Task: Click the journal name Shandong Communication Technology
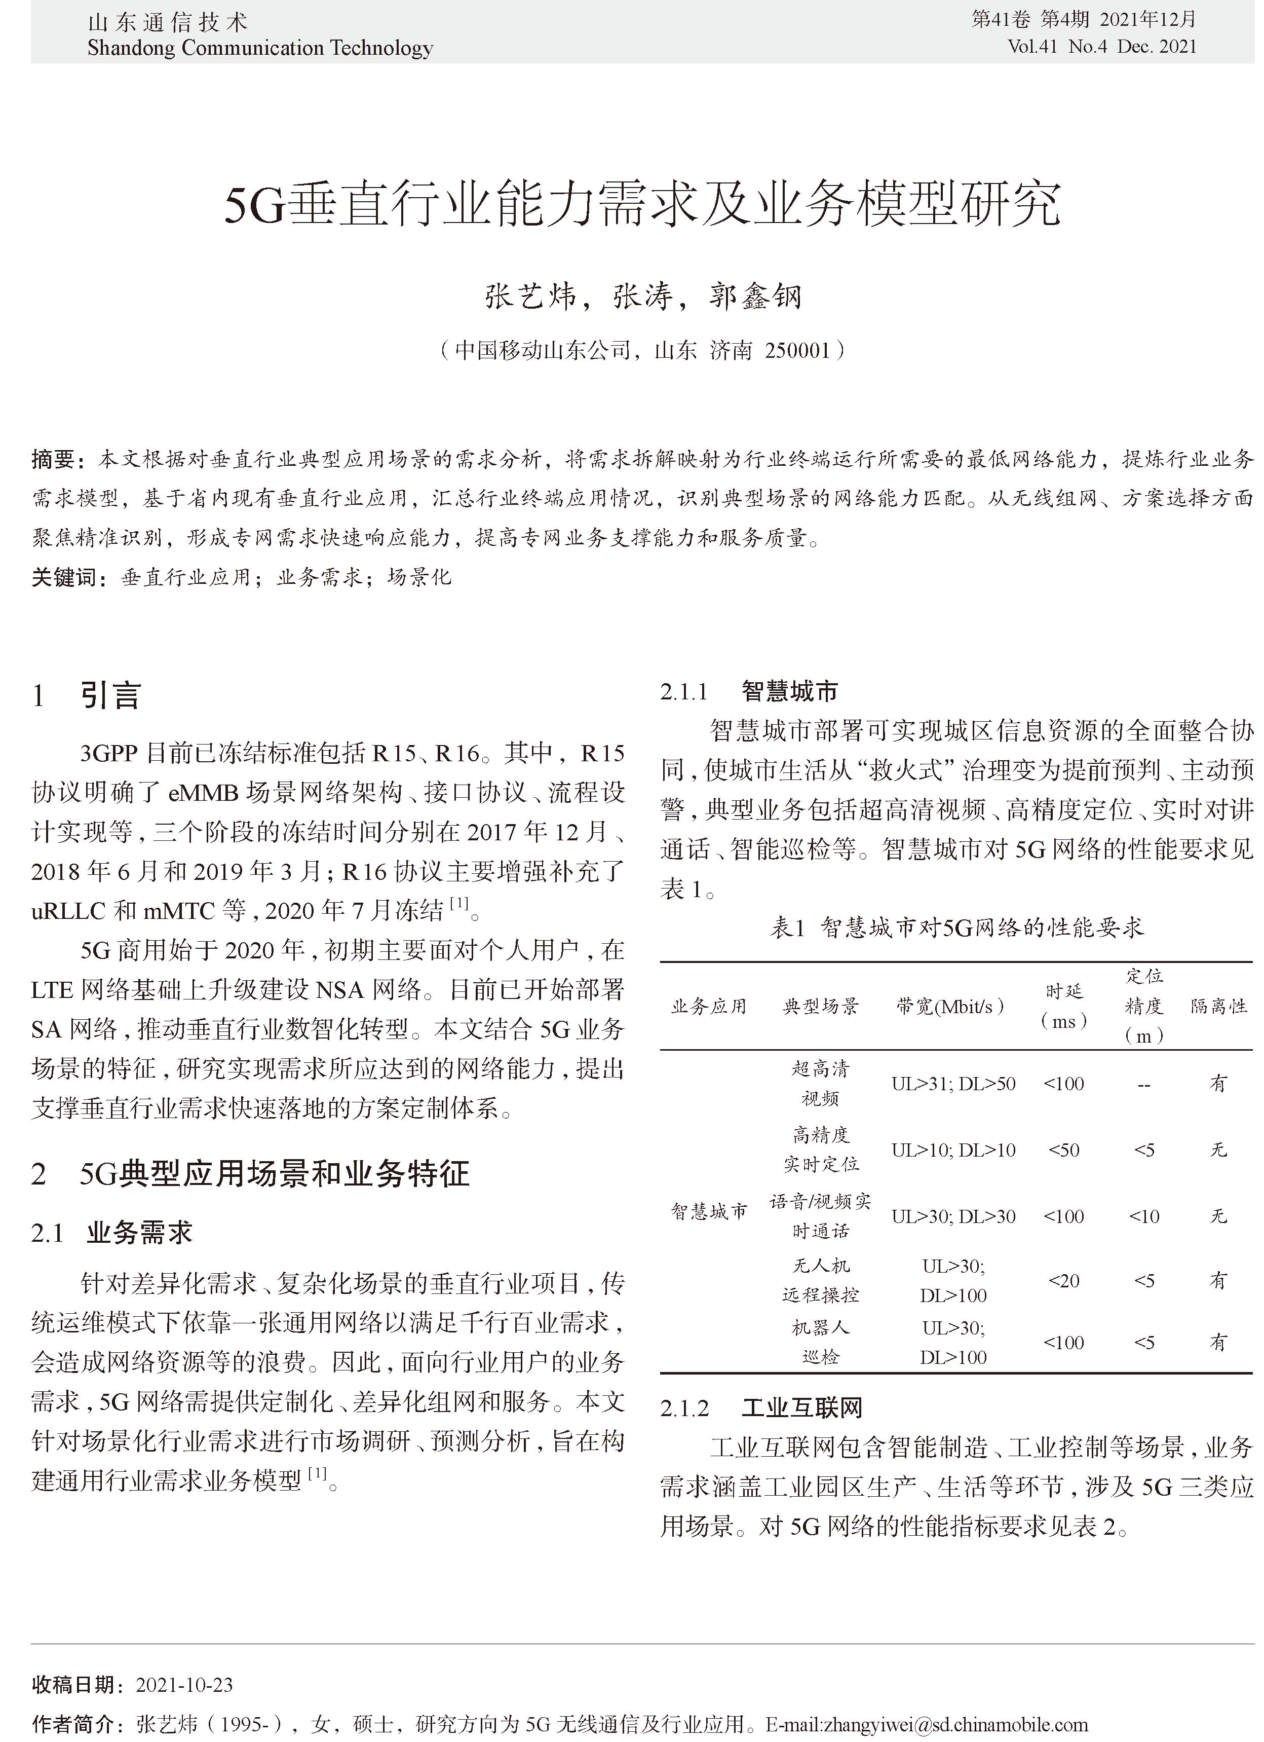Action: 260,48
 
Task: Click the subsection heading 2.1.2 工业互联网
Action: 761,1407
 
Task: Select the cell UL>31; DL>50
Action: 953,1083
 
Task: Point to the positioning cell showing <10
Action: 1143,1216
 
